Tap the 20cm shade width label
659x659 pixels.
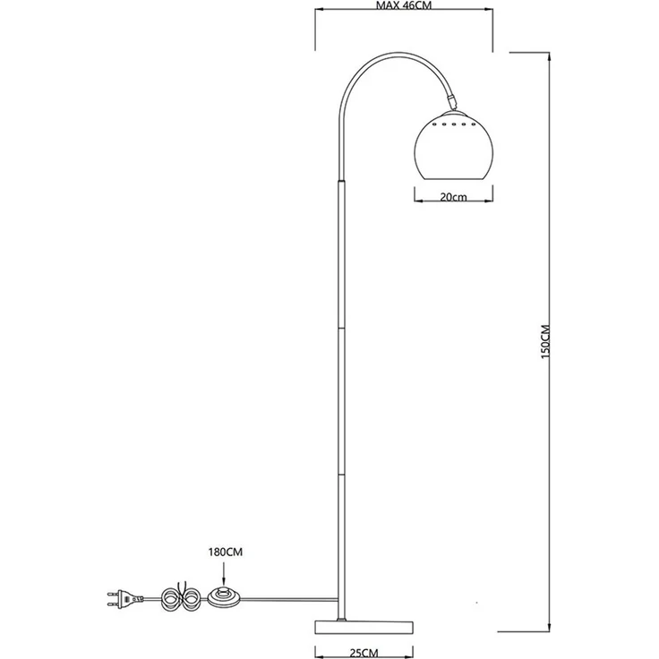pos(457,198)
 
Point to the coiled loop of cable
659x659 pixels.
pos(189,597)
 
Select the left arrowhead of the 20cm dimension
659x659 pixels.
pos(418,198)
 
